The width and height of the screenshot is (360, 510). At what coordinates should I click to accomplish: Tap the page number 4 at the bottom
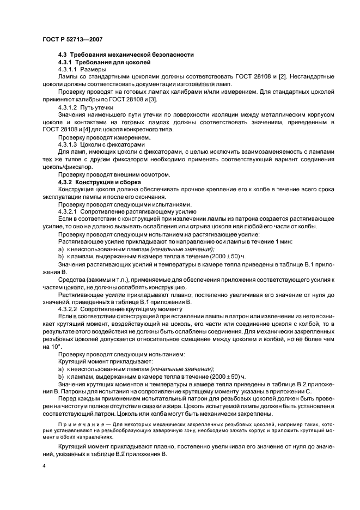pos(44,466)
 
